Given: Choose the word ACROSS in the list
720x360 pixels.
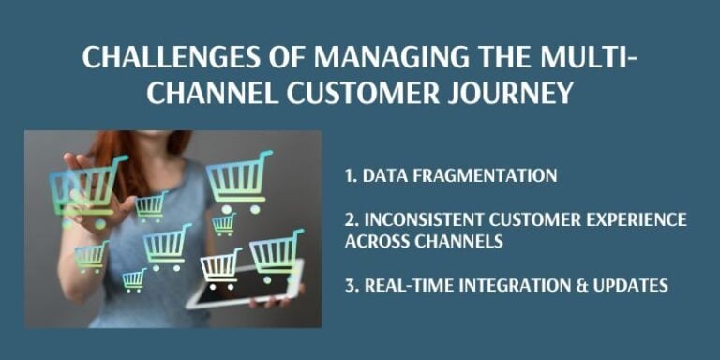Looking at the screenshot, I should tap(371, 241).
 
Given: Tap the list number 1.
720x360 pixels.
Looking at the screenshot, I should tap(352, 175).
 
